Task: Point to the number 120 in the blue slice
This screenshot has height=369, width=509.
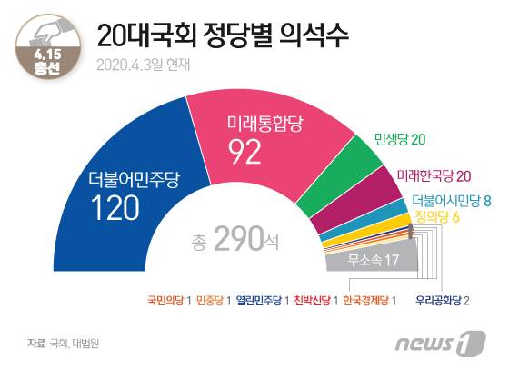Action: pos(115,210)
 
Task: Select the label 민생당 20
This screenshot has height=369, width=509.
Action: pos(401,139)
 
